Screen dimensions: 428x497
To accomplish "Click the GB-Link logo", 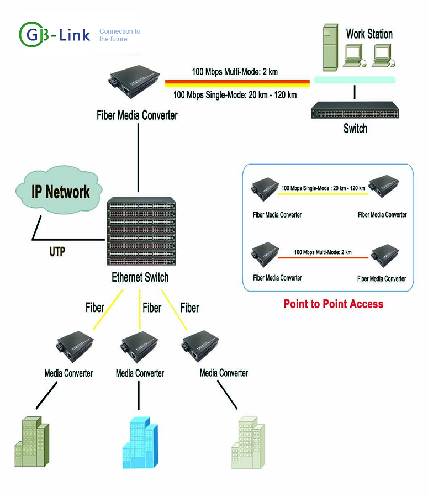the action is click(x=55, y=35).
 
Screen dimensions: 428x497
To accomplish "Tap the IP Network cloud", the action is click(x=59, y=190).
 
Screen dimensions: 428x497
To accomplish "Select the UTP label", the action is click(x=57, y=252).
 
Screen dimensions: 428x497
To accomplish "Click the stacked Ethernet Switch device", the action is click(x=141, y=231).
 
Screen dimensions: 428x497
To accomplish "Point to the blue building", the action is click(x=140, y=442).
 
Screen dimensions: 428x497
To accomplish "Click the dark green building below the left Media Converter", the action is click(x=31, y=442).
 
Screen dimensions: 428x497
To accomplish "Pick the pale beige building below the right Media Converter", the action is click(x=248, y=443).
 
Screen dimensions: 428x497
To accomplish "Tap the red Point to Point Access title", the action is click(x=333, y=304).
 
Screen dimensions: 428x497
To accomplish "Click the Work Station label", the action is click(x=369, y=34).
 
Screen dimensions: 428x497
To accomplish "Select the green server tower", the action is click(x=330, y=47).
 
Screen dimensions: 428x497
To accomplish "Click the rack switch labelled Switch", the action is click(x=355, y=110).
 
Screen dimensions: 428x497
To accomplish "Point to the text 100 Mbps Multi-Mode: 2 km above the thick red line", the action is click(x=235, y=72).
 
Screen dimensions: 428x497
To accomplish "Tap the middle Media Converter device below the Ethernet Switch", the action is click(x=139, y=347).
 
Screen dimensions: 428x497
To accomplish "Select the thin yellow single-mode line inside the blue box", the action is click(x=323, y=194).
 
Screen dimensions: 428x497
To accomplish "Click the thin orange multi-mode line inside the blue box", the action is click(x=323, y=258).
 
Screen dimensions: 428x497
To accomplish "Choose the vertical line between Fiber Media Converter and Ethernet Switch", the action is click(x=138, y=157).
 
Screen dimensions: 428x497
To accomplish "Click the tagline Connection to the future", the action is click(x=119, y=35).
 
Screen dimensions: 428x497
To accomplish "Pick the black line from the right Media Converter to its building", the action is click(x=227, y=395).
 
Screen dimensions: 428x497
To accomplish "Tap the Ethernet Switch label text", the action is click(x=140, y=277).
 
